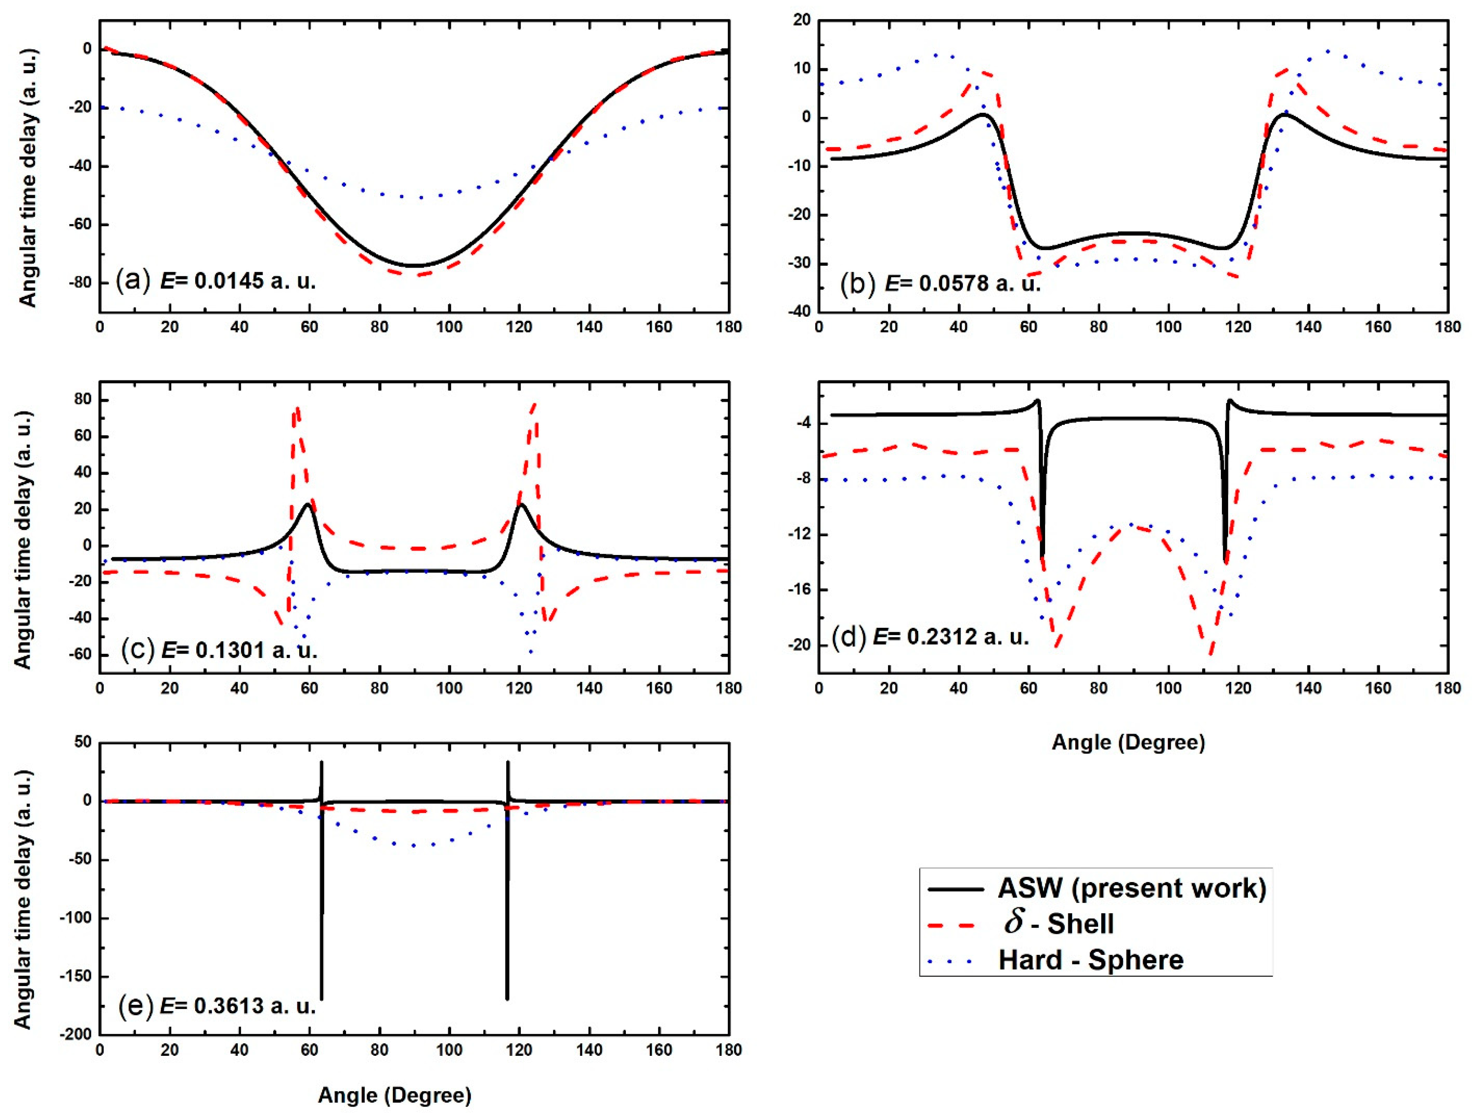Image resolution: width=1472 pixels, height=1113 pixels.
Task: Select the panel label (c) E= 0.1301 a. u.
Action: coord(220,649)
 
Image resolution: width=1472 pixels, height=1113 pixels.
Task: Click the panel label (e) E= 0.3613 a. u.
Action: coord(217,1005)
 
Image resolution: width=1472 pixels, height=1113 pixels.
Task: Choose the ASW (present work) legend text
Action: coord(1131,888)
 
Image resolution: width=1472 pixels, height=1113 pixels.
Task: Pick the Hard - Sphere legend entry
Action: coord(1091,959)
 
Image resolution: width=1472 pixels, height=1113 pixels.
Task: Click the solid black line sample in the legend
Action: coord(954,888)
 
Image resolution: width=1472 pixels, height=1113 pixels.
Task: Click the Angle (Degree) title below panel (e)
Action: coord(394,1095)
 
